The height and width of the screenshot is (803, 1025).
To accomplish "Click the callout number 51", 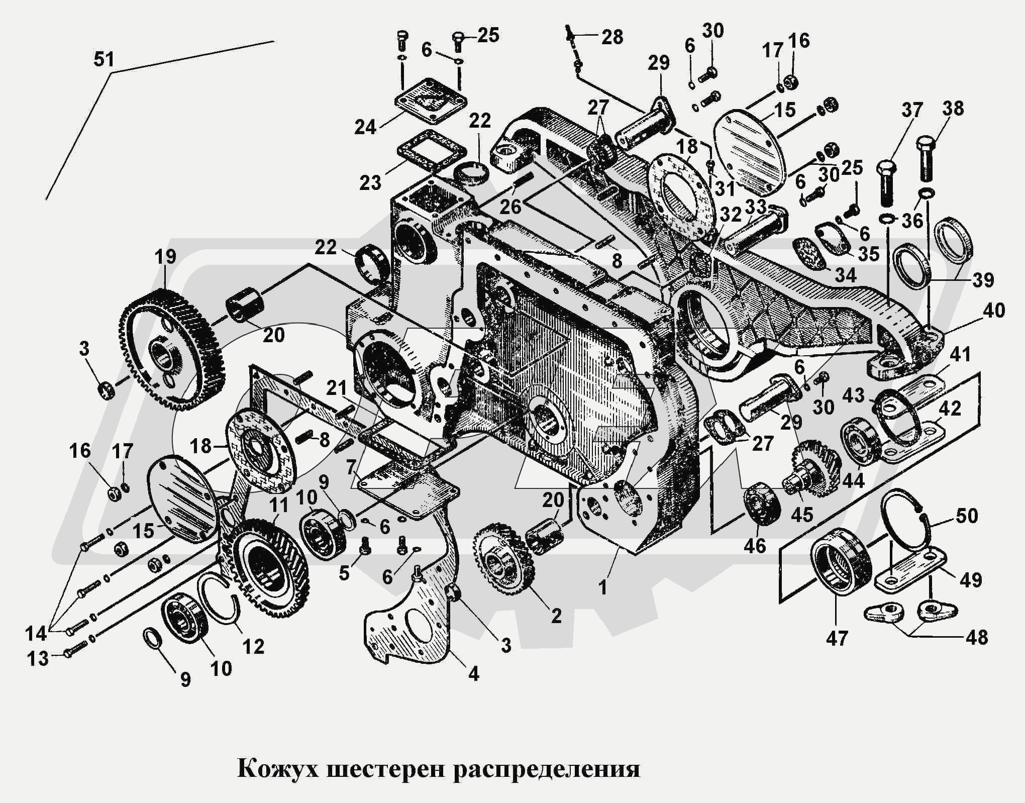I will [104, 59].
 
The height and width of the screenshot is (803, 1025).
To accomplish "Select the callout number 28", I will [612, 37].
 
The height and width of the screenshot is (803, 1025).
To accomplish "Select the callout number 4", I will [473, 673].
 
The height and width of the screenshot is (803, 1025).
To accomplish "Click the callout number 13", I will [37, 658].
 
